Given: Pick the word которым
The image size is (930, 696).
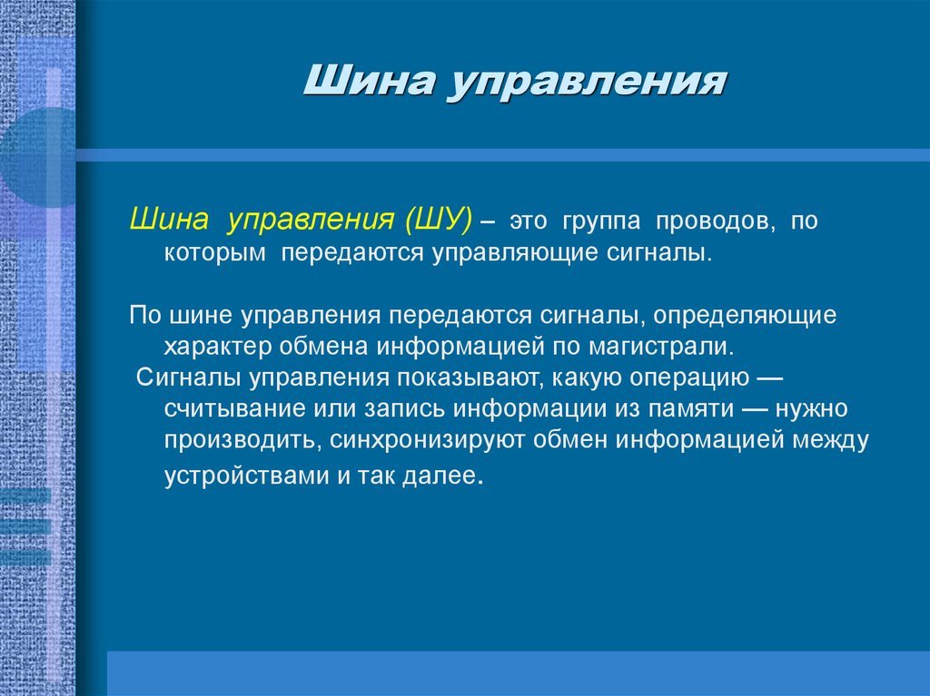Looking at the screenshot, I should (x=215, y=253).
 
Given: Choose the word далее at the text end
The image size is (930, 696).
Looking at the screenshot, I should (x=444, y=477).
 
